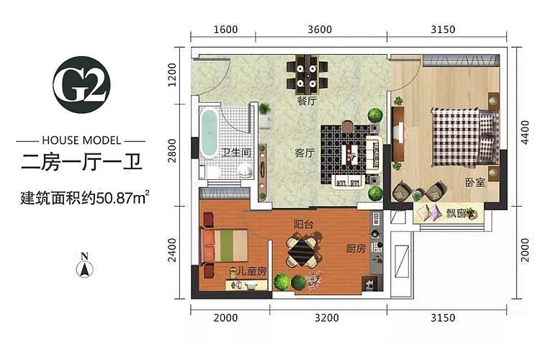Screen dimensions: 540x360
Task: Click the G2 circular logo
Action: click(x=81, y=84)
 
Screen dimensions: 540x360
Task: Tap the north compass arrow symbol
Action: click(x=84, y=269)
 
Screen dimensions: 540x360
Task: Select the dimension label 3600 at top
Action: click(x=320, y=30)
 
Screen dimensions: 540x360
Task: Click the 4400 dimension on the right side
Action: click(x=524, y=132)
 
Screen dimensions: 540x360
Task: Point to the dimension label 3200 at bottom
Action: click(x=326, y=318)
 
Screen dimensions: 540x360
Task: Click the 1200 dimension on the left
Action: click(x=172, y=75)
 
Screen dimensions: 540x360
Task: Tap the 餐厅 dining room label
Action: click(x=307, y=102)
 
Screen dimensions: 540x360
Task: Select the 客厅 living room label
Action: click(x=305, y=153)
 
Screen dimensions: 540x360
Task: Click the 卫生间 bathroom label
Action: click(x=236, y=152)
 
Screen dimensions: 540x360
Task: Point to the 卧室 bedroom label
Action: click(x=475, y=182)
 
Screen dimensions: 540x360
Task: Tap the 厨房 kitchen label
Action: click(x=356, y=248)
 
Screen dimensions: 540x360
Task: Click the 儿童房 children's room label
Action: click(x=252, y=271)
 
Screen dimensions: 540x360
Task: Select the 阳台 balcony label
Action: click(x=304, y=224)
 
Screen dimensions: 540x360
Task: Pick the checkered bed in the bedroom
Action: click(x=465, y=137)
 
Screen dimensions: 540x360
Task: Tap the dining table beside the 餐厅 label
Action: click(x=307, y=74)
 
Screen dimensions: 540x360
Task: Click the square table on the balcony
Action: click(x=303, y=251)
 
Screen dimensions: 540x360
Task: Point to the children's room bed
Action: click(x=225, y=246)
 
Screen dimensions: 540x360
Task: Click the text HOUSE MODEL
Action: click(x=81, y=140)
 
